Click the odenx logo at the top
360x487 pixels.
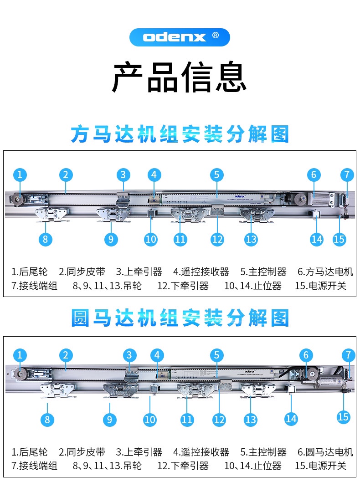click(180, 37)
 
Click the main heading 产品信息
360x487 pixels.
click(180, 78)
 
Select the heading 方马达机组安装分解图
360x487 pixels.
click(180, 135)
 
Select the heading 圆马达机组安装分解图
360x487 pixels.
click(180, 318)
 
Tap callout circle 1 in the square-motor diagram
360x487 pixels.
click(20, 174)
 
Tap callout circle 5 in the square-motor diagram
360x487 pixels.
click(217, 174)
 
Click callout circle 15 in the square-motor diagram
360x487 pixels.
click(339, 239)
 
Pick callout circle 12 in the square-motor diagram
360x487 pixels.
click(217, 239)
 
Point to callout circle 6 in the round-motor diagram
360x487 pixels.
click(306, 355)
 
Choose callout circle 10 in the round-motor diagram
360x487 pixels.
click(150, 420)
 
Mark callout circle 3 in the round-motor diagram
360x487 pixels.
click(130, 355)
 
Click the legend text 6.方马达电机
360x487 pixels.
click(325, 272)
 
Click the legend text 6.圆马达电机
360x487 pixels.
click(325, 452)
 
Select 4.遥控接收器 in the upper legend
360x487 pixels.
click(201, 272)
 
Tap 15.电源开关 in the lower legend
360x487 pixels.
click(320, 466)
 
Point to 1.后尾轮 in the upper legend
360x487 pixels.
click(30, 272)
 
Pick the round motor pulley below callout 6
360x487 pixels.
click(312, 374)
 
